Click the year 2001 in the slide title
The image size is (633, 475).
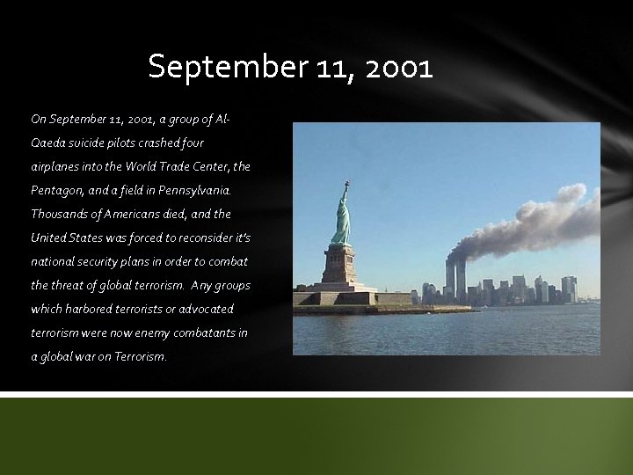[x=397, y=67]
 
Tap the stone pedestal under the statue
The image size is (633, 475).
[x=338, y=264]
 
